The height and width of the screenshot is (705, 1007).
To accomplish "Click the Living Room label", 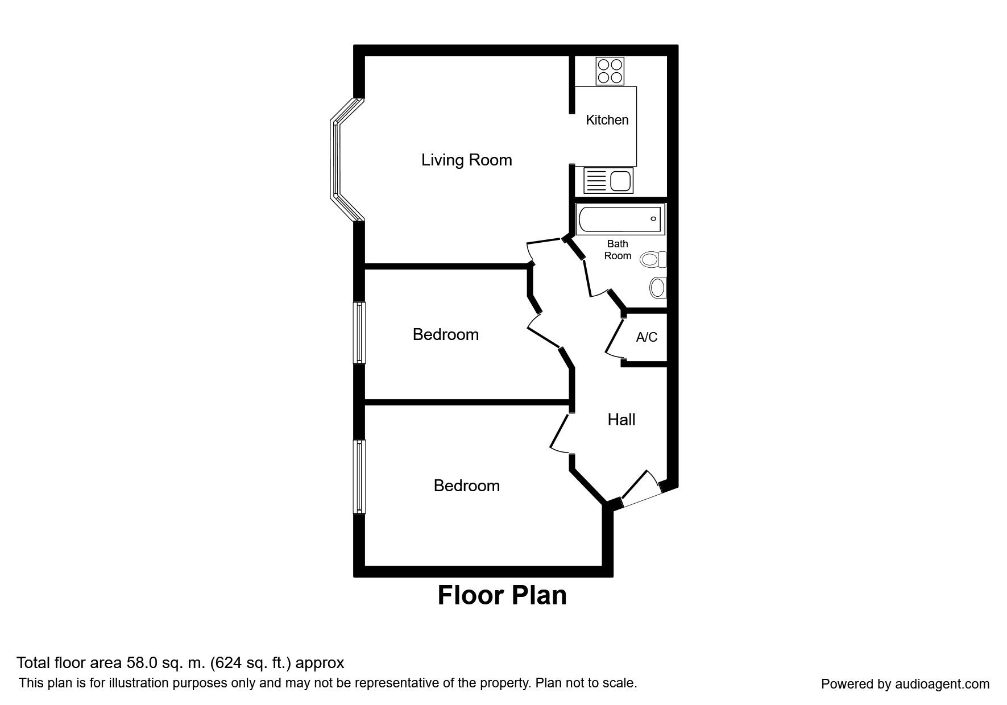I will click(x=466, y=160).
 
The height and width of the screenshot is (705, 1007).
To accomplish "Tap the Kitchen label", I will click(x=607, y=120).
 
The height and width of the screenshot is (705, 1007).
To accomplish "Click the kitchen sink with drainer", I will click(x=607, y=181).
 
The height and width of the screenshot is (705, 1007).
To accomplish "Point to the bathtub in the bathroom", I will click(x=620, y=219).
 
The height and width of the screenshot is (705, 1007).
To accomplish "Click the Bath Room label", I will click(x=618, y=250).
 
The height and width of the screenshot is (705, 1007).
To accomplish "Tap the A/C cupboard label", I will click(x=647, y=337).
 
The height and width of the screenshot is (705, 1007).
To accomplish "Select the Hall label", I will click(x=621, y=420).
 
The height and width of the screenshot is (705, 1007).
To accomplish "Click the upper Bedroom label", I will click(x=445, y=334).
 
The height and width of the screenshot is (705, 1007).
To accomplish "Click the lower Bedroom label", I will click(x=466, y=486).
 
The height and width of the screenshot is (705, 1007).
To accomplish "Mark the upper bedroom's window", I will click(x=359, y=333).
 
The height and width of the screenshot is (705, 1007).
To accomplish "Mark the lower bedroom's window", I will click(x=359, y=476).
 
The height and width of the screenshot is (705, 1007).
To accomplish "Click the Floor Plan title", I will click(x=502, y=595).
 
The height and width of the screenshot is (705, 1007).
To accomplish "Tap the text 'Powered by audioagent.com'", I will click(x=905, y=684).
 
